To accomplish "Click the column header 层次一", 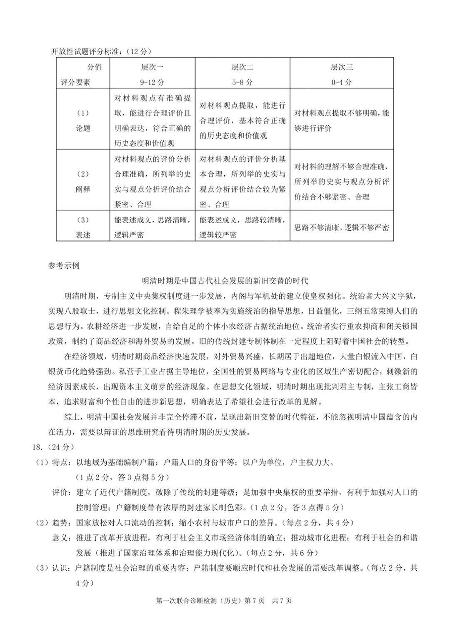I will [x=152, y=67].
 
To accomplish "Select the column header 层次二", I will [x=242, y=67].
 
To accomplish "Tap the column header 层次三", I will [x=341, y=67].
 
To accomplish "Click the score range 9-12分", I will [x=152, y=82].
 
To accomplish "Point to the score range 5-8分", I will [x=242, y=82].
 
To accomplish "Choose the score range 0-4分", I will [x=341, y=82].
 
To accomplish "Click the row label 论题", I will [x=83, y=128].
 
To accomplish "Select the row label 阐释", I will [x=83, y=189].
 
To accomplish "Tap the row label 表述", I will [x=83, y=235].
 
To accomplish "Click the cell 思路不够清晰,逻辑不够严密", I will [x=342, y=227].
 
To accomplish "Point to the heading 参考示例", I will [x=64, y=265].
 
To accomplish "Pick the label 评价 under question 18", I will [x=61, y=493].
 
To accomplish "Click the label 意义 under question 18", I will [x=61, y=538].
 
